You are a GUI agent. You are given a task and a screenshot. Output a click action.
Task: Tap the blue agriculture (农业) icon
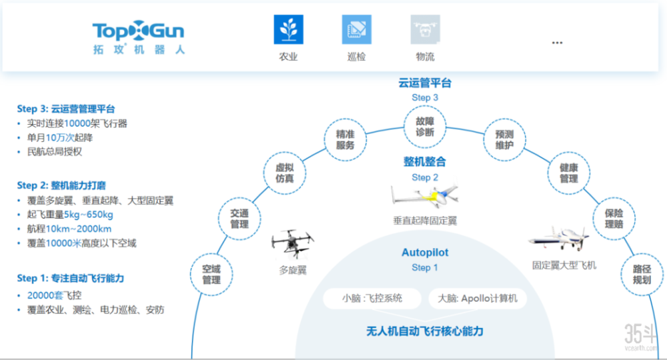288,30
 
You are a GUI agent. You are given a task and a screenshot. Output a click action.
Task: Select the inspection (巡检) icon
356,30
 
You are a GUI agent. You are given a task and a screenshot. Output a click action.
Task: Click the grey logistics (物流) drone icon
425,30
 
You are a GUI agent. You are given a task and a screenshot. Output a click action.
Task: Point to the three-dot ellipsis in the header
558,43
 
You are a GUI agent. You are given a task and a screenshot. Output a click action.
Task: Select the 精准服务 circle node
345,140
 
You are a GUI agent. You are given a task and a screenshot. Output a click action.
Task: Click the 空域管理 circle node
211,274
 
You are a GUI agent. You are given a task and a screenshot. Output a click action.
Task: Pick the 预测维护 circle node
505,139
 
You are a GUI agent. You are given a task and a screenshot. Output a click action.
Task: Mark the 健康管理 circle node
568,173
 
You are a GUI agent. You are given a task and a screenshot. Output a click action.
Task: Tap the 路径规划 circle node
642,274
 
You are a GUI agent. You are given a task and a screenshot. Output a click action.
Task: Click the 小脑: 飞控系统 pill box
372,298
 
